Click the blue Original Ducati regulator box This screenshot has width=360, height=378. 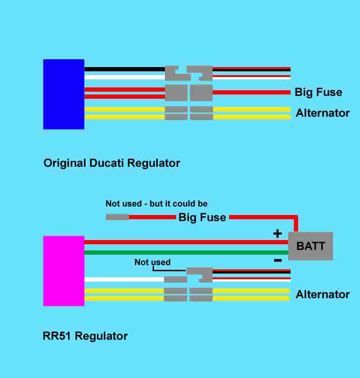63,94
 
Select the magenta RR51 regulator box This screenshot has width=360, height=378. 63,271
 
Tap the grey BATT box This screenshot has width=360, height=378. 310,246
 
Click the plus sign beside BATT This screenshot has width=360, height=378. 277,233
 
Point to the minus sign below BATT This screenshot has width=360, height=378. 278,260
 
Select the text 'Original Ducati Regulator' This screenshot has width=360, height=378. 111,163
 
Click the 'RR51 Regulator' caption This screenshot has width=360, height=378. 85,336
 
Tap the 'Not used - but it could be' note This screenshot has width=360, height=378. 156,204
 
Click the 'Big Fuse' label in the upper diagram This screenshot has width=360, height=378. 318,92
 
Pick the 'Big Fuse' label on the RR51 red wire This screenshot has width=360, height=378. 202,218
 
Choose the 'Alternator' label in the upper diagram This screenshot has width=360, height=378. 323,113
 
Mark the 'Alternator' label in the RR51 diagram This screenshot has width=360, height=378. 323,294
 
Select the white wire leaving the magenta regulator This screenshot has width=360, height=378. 124,279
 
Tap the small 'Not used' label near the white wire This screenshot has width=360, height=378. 152,262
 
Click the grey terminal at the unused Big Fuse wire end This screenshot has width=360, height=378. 117,217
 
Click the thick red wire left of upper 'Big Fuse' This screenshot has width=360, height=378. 251,92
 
